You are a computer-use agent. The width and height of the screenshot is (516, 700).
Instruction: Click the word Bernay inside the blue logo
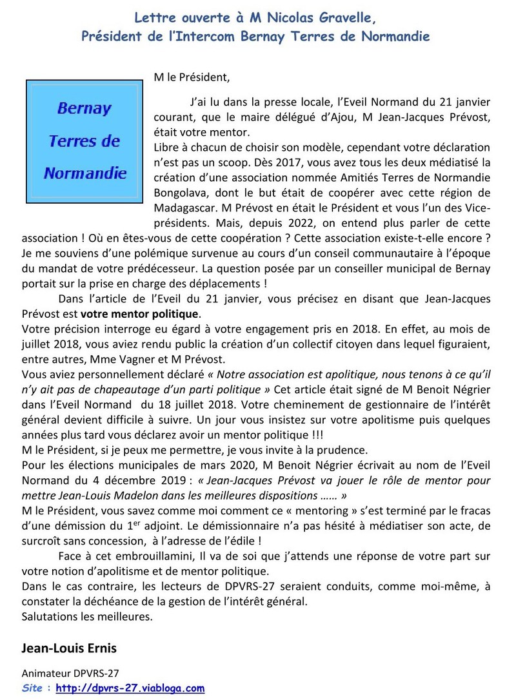click(84, 108)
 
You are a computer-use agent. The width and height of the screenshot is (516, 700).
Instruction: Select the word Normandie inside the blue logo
click(84, 173)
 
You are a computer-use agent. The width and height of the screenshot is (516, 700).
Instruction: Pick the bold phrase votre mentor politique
click(141, 315)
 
